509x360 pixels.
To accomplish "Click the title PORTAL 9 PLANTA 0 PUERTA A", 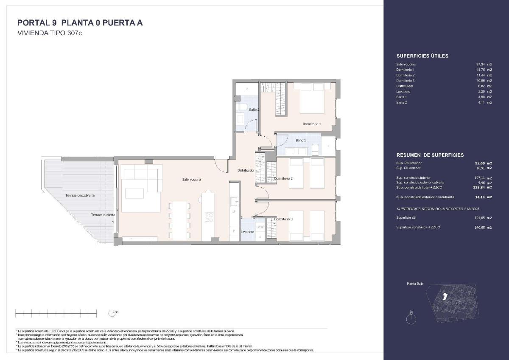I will point(80,23).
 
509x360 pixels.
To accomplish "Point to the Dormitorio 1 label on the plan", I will point(312,124).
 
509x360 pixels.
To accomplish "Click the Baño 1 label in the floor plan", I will point(300,140).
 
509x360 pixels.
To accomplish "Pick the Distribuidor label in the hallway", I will point(246,170).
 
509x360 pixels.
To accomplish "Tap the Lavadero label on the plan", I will point(247,232).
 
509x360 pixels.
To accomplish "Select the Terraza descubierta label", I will point(80,195).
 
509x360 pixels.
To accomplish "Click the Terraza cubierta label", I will point(103,215).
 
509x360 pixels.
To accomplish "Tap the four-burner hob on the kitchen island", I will point(209,217).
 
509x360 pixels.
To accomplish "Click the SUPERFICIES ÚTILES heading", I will point(422,56).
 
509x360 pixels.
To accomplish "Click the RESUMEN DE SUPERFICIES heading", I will point(430,155).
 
